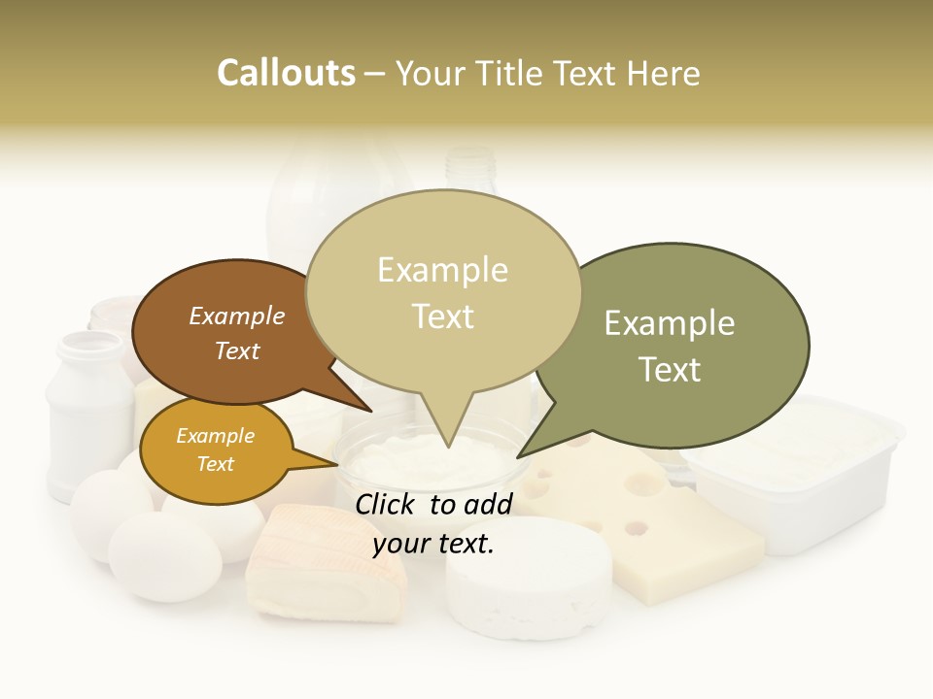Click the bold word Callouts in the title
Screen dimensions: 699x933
(286, 73)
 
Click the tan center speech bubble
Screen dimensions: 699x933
(443, 291)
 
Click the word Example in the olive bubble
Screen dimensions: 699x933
(670, 323)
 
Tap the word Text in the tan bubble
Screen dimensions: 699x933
(443, 316)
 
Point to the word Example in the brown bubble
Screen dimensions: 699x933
(237, 316)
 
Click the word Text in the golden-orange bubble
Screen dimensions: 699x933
(216, 464)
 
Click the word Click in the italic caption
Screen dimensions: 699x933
(387, 504)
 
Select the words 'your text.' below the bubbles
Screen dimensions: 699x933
(433, 545)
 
